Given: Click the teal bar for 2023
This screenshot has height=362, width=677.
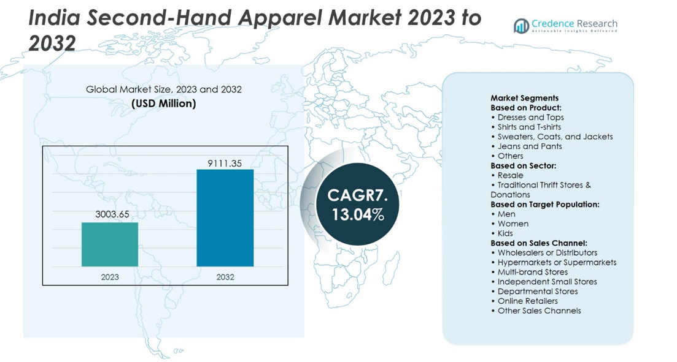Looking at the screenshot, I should pos(110,244).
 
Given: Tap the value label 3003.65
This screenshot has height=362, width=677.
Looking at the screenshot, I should pos(111,215).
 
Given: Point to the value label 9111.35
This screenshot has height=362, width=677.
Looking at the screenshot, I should pos(225,164).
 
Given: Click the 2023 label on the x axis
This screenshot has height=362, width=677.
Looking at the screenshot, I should pos(110,277).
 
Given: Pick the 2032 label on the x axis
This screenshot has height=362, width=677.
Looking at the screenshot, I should pos(225,277).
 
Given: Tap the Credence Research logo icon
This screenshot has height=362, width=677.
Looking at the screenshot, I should pos(522,26).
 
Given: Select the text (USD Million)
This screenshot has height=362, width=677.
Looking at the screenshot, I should pos(164,104).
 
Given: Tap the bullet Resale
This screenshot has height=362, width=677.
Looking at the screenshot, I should pos(510,175).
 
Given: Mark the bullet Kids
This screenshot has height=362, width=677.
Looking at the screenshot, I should pos(505,233).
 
